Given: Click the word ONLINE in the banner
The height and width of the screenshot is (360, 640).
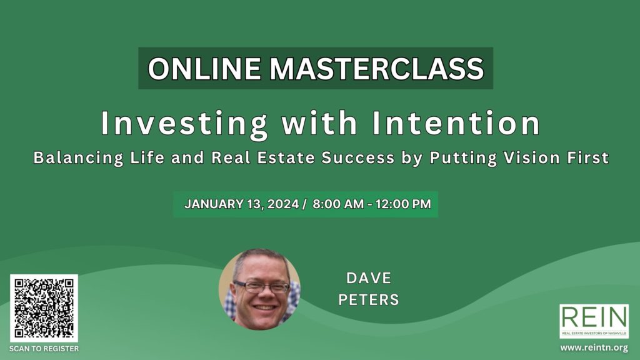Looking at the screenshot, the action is tap(204, 68).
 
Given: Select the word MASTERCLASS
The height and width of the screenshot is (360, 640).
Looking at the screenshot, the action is tap(377, 68).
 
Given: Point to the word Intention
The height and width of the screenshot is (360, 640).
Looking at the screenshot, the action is tap(456, 123).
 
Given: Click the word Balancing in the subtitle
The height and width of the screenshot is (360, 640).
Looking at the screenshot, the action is tap(78, 158).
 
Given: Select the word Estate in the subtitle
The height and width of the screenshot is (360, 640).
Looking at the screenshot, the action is tap(286, 157).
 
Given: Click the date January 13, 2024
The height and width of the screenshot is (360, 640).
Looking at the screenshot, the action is tap(242, 204).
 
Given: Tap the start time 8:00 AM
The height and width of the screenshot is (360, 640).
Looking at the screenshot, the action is tap(338, 204).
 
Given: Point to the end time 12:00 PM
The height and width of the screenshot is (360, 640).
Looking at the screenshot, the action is tap(403, 204).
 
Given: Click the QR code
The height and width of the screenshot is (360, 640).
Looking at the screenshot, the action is tap(44, 308).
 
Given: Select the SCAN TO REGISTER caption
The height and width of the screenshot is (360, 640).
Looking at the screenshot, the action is tap(44, 349).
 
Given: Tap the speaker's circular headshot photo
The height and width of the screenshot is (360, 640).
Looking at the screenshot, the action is tap(259, 289).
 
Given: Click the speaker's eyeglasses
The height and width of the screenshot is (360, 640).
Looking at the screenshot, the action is tap(262, 287).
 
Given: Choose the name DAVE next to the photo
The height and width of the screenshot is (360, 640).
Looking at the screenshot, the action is tap(369, 278).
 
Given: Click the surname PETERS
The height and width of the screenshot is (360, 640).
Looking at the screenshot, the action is tap(369, 300).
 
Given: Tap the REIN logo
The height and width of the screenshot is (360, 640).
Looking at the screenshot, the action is tap(594, 321).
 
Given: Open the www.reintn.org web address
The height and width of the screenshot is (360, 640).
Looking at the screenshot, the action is tap(594, 347).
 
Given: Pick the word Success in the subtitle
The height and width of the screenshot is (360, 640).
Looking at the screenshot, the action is tap(358, 157).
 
